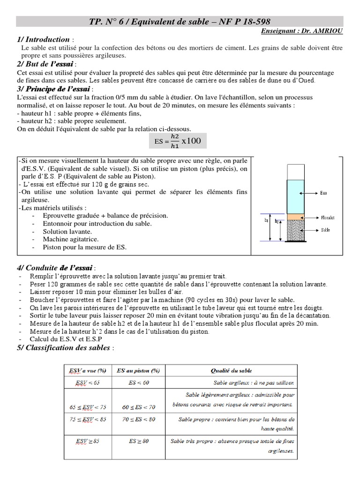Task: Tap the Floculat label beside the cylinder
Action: (328, 218)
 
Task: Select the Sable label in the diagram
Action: (326, 230)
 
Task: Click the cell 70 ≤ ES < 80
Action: (139, 419)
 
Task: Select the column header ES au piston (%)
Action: (139, 371)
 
